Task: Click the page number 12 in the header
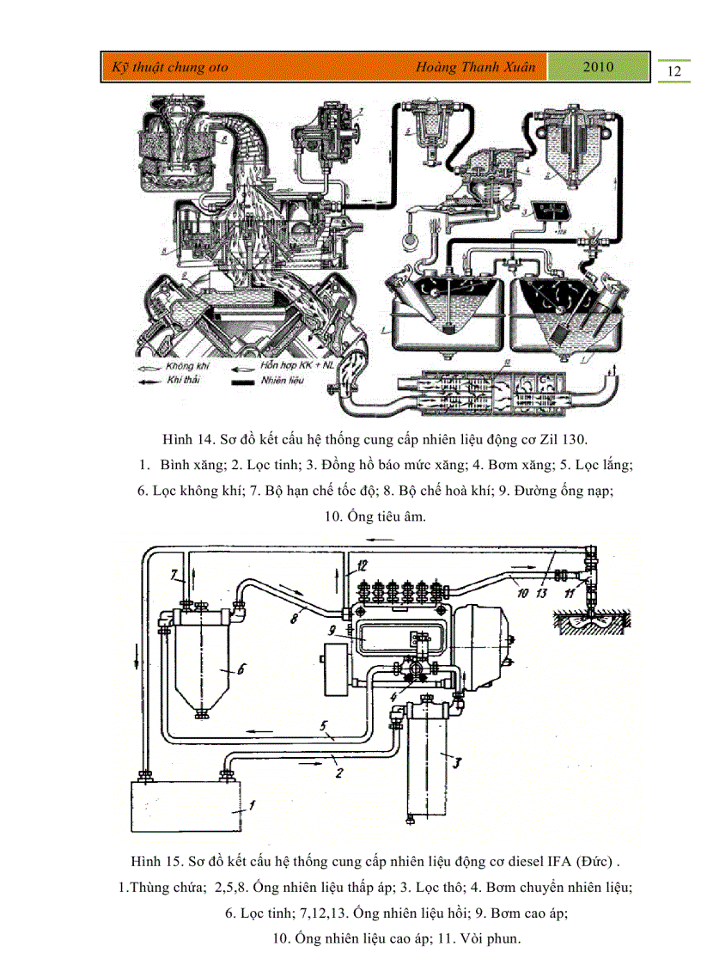point(674,70)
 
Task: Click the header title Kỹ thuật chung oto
point(165,67)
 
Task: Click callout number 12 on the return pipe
point(362,566)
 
